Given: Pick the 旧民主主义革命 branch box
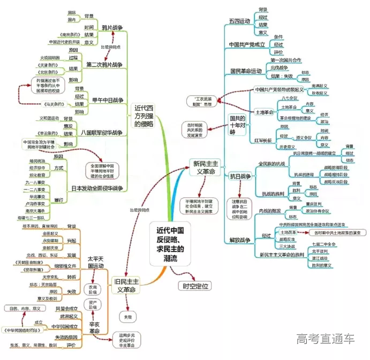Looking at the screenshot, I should (124, 285).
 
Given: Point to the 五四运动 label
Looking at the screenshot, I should (240, 21).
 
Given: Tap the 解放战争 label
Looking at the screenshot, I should (240, 240).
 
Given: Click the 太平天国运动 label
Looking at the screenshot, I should (95, 262).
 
